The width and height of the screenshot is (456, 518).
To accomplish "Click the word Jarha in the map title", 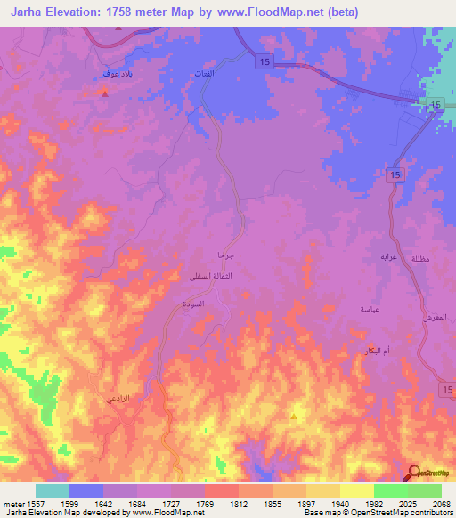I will pos(28,12).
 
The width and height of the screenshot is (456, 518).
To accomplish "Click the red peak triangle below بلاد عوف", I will pos(105,92).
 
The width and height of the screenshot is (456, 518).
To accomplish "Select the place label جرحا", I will pos(226,255).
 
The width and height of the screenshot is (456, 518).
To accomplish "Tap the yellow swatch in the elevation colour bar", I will pos(356,490).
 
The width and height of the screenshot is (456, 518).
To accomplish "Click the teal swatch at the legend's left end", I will pos(52,490).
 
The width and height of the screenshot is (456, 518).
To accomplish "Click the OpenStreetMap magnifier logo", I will pos(413,473).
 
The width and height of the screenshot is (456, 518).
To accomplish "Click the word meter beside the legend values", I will pos(11,503).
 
